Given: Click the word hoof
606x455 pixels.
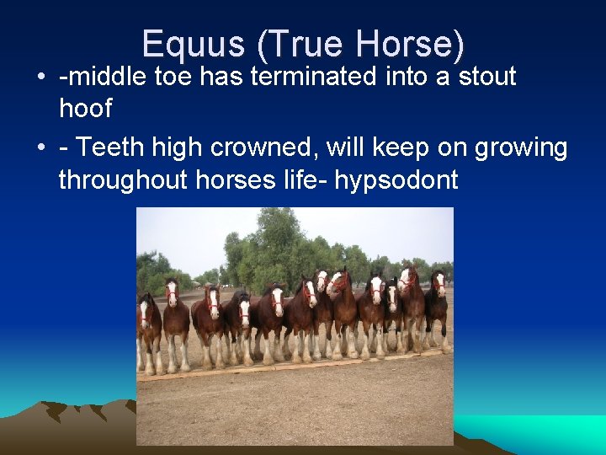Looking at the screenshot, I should (85, 108).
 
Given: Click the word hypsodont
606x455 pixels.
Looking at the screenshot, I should (396, 179).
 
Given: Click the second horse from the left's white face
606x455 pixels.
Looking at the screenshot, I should (173, 293).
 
